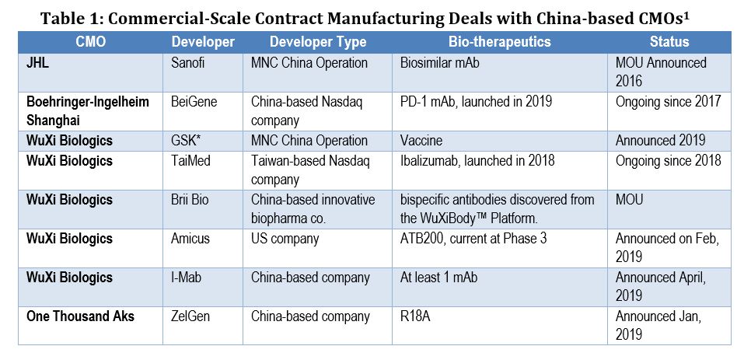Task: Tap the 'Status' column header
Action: click(669, 42)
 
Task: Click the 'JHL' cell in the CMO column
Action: click(38, 61)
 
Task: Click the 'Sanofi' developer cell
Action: click(189, 61)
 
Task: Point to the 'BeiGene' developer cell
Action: click(193, 101)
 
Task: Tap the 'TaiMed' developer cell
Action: click(191, 161)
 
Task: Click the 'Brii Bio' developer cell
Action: click(191, 200)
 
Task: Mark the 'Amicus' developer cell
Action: click(191, 239)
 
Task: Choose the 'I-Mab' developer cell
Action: click(189, 278)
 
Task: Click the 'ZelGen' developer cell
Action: click(191, 317)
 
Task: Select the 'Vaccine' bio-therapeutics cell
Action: click(424, 141)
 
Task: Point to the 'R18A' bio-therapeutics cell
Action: click(418, 317)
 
